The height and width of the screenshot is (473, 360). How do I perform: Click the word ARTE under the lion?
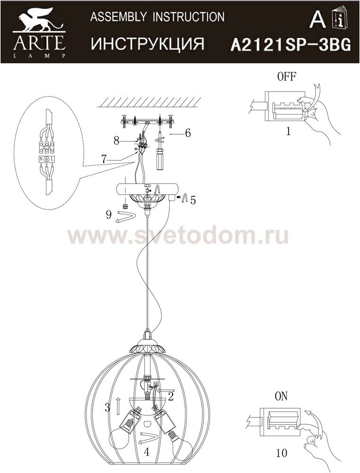[x=39, y=43]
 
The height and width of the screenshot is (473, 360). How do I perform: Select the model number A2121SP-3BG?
[x=290, y=45]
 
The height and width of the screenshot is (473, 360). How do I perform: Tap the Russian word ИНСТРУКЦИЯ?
[x=148, y=44]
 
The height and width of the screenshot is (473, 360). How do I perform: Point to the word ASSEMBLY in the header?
[x=119, y=17]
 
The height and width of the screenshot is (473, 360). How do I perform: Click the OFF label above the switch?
[x=287, y=77]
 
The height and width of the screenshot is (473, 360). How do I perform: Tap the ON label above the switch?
[x=281, y=396]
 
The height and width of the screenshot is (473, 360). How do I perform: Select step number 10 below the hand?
[x=281, y=453]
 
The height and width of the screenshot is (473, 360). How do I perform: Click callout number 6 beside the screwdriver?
[x=188, y=133]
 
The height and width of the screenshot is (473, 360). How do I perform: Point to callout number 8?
[x=116, y=140]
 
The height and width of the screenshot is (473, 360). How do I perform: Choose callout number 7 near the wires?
[x=104, y=159]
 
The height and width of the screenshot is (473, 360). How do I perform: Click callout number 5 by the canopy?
[x=193, y=200]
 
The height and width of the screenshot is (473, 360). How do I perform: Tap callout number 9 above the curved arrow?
[x=109, y=214]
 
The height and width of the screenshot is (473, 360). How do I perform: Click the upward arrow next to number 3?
[x=118, y=405]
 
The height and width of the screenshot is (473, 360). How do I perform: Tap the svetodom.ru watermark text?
[x=177, y=236]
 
